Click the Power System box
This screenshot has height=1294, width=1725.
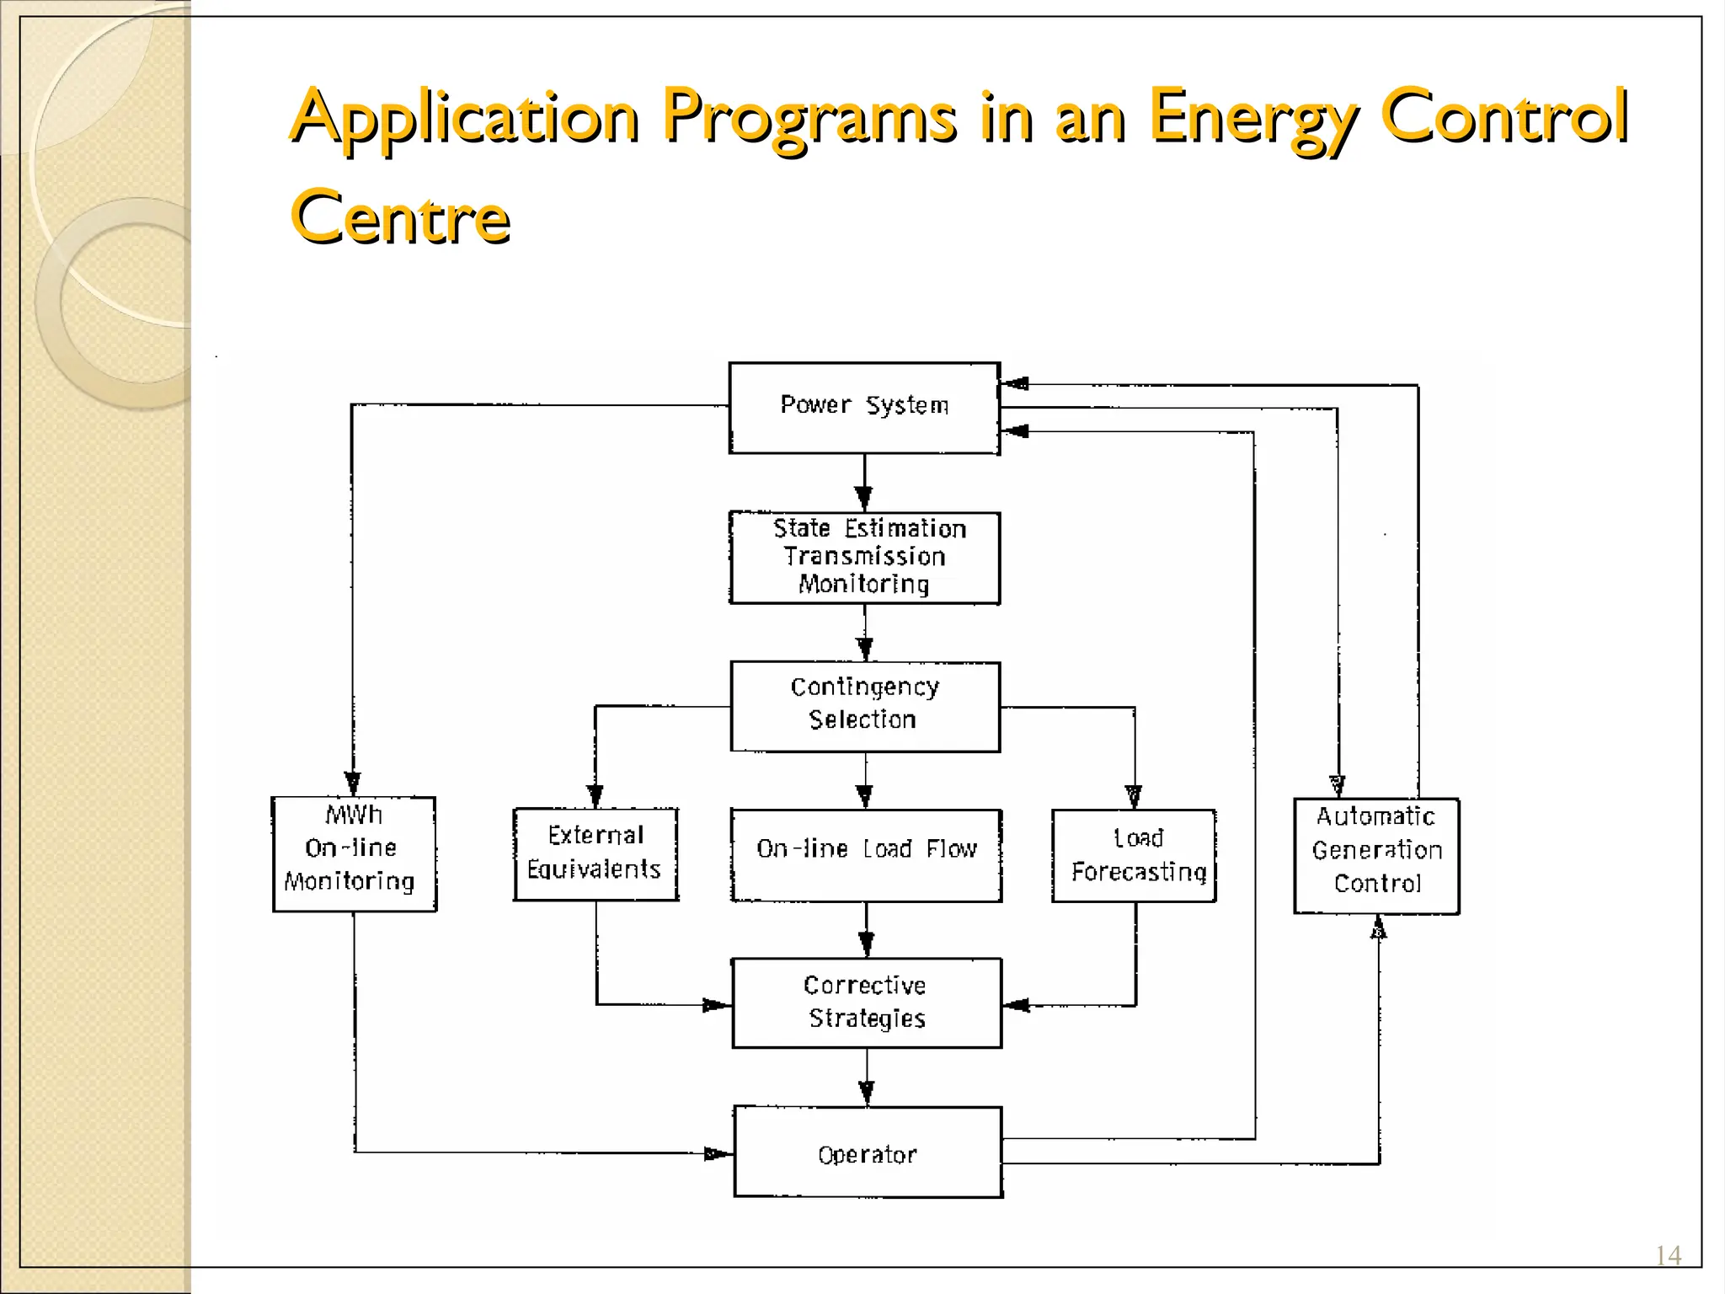[864, 408]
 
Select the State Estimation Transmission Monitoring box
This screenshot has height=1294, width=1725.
[864, 557]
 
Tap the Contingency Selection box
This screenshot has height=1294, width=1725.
[864, 706]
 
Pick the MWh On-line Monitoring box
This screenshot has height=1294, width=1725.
[354, 853]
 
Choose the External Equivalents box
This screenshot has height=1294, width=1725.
[595, 853]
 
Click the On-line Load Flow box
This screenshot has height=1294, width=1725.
[866, 854]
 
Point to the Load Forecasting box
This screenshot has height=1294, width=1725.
[1134, 855]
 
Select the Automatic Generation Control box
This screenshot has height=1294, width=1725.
[1376, 854]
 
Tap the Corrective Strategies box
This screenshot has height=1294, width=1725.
[866, 1003]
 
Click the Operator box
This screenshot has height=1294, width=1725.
[868, 1152]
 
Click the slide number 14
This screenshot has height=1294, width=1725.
[1668, 1256]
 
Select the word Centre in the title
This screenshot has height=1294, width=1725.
[401, 217]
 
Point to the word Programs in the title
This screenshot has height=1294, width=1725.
[809, 118]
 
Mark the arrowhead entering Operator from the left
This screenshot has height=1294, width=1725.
[718, 1153]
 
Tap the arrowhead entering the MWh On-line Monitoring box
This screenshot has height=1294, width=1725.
[353, 784]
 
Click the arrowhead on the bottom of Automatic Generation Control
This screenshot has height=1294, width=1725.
[1379, 928]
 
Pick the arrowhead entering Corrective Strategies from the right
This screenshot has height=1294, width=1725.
[1017, 1005]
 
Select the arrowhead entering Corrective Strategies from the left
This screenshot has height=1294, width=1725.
[717, 1005]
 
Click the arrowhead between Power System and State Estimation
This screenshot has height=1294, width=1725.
[863, 498]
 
